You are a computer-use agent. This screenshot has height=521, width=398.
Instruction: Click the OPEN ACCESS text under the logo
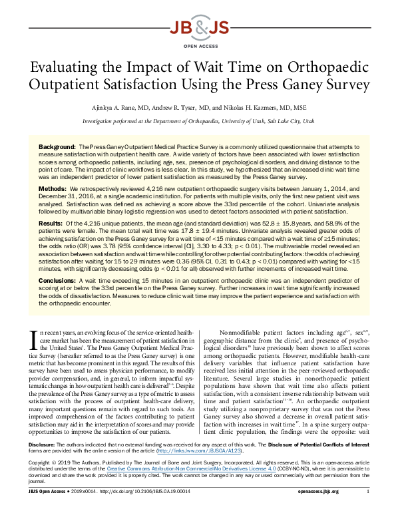[x=199, y=45]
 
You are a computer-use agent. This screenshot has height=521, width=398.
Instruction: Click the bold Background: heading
[x=57, y=145]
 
